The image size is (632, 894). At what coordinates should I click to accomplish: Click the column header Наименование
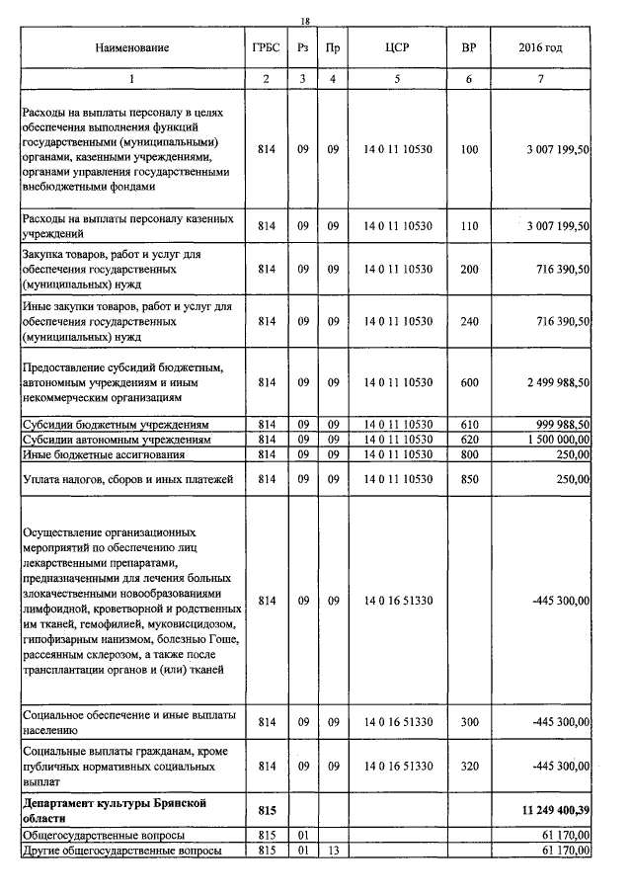pyautogui.click(x=132, y=47)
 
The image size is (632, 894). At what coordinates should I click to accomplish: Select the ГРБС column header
pyautogui.click(x=266, y=47)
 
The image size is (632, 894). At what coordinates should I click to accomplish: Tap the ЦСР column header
pyautogui.click(x=397, y=47)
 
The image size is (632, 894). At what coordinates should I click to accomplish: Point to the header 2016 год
pyautogui.click(x=540, y=47)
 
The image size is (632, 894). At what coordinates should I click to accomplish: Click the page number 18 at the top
pyautogui.click(x=305, y=21)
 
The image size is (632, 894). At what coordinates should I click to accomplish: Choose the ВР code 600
pyautogui.click(x=469, y=382)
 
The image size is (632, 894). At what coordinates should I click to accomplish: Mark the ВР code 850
pyautogui.click(x=469, y=479)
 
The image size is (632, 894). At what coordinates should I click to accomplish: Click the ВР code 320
pyautogui.click(x=469, y=766)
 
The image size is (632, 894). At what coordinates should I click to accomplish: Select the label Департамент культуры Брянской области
pyautogui.click(x=114, y=810)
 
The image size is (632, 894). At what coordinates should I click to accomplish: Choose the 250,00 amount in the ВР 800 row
pyautogui.click(x=572, y=454)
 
